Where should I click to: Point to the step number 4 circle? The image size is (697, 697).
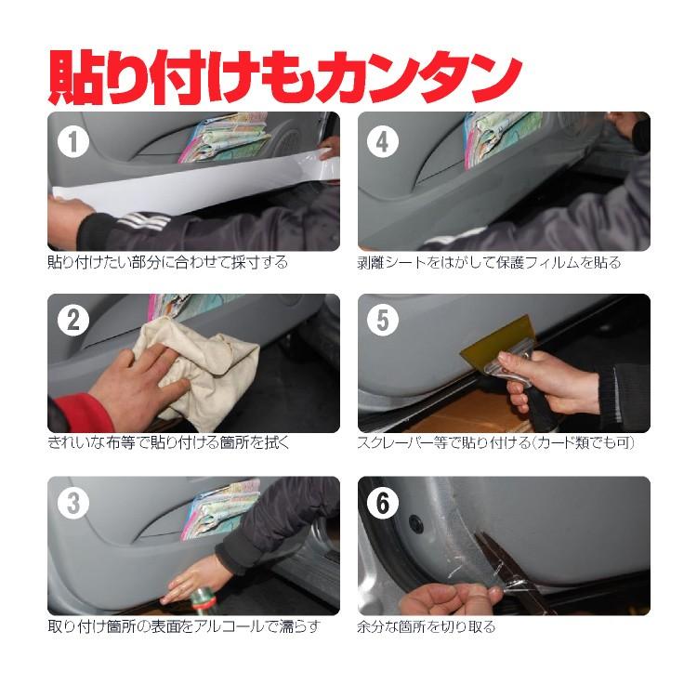coord(383,142)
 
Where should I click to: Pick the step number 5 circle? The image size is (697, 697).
coord(383,322)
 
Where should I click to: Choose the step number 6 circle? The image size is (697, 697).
coord(383,503)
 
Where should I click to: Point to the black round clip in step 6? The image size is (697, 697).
coord(417,525)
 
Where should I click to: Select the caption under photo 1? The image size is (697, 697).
coord(167,263)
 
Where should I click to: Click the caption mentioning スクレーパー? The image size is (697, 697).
coord(495,443)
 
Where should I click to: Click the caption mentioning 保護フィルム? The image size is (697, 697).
coord(489,263)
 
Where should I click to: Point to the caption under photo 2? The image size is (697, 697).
coord(168,443)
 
